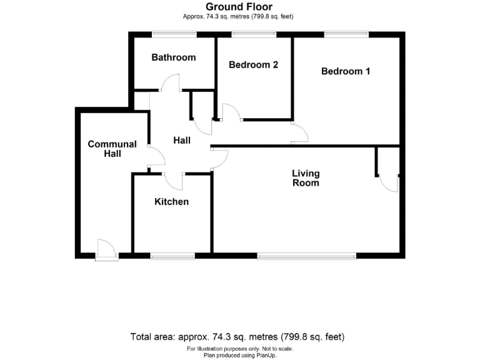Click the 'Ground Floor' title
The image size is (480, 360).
click(x=239, y=7)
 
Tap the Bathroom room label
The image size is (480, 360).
click(x=174, y=57)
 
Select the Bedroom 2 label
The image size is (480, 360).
click(x=253, y=64)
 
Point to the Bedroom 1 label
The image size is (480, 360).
click(x=346, y=71)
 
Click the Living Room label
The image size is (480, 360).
click(x=306, y=178)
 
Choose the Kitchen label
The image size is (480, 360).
click(x=172, y=202)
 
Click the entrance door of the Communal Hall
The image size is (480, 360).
click(x=106, y=251)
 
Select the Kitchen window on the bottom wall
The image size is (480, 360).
click(x=172, y=255)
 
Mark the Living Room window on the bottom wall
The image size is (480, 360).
click(x=307, y=255)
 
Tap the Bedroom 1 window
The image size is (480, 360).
click(x=346, y=33)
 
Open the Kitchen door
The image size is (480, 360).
click(x=174, y=181)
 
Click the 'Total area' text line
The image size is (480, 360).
click(x=237, y=336)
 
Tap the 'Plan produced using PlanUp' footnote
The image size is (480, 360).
click(x=239, y=355)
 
